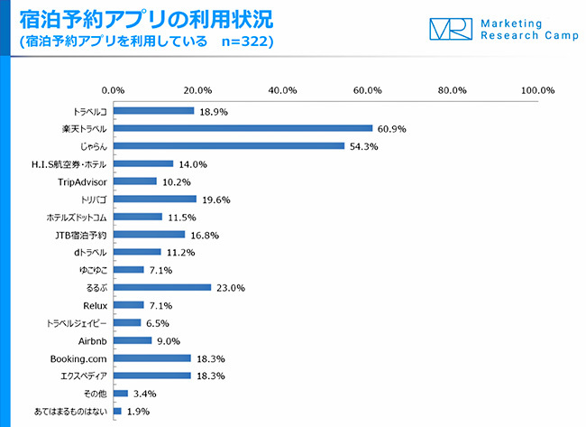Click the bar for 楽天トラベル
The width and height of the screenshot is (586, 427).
pyautogui.click(x=243, y=128)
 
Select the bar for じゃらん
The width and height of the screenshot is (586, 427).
pyautogui.click(x=229, y=145)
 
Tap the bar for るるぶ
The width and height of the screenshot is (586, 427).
pyautogui.click(x=162, y=287)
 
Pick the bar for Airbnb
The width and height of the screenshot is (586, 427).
pyautogui.click(x=133, y=340)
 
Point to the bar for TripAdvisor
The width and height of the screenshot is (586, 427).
pyautogui.click(x=135, y=181)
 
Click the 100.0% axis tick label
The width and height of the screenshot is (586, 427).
pyautogui.click(x=538, y=90)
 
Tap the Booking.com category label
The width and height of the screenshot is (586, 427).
pyautogui.click(x=78, y=358)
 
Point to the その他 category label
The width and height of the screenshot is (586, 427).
pyautogui.click(x=96, y=394)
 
